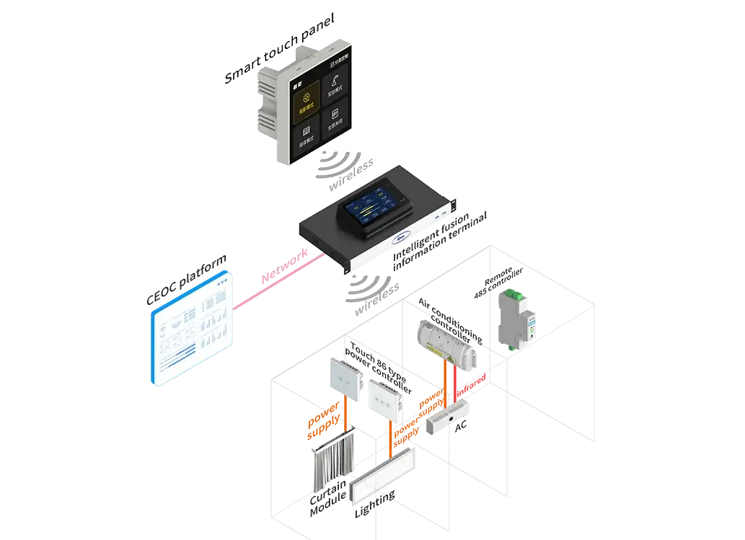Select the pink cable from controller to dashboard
point(274,278)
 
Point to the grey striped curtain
point(333,465)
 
